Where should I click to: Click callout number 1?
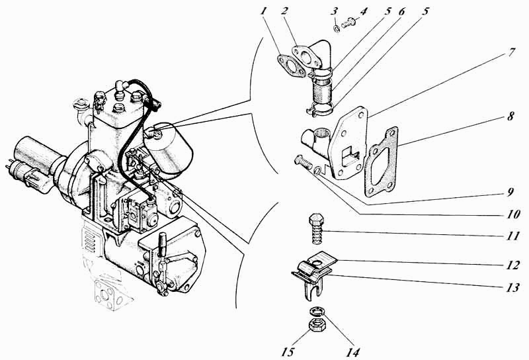tap(263, 11)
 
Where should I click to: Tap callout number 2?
tap(284, 11)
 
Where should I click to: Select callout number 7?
tap(511, 53)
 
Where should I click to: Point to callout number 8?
tap(510, 116)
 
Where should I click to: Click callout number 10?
tap(513, 214)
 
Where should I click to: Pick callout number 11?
tap(512, 236)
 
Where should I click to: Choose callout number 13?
tap(512, 287)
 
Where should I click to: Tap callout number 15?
tap(288, 351)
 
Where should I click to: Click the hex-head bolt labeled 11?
tap(315, 228)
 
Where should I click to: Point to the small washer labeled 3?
tap(337, 28)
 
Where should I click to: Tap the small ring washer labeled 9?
tap(317, 171)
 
